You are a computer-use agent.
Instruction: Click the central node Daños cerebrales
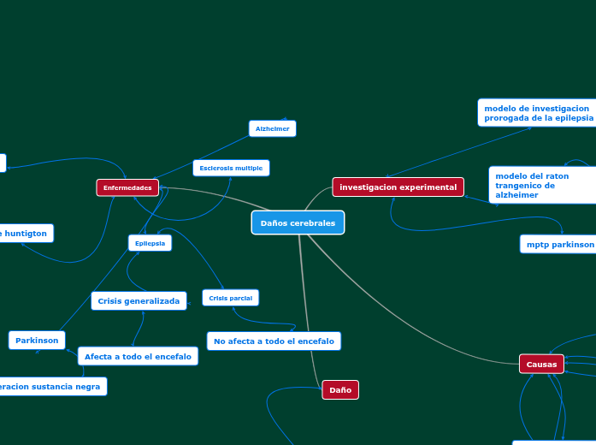(x=298, y=222)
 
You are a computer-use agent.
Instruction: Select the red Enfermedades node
(x=127, y=187)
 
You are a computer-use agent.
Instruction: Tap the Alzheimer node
(x=273, y=128)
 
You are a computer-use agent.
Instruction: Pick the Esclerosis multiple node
(x=231, y=168)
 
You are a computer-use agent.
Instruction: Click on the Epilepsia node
(x=150, y=243)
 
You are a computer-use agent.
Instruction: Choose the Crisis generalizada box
(x=139, y=301)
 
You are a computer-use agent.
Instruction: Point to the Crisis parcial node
(x=230, y=298)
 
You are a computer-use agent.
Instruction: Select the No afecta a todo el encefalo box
(x=274, y=341)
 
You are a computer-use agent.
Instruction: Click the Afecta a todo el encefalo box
(x=138, y=356)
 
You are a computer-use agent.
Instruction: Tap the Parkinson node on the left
(x=37, y=340)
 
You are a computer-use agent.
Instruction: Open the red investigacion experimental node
(x=398, y=187)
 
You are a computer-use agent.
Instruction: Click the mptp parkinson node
(x=558, y=244)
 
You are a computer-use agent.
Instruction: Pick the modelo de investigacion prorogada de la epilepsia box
(x=537, y=113)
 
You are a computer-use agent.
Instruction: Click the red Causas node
(x=541, y=364)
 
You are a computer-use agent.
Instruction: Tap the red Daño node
(x=340, y=390)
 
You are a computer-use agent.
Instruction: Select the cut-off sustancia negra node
(x=51, y=387)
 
